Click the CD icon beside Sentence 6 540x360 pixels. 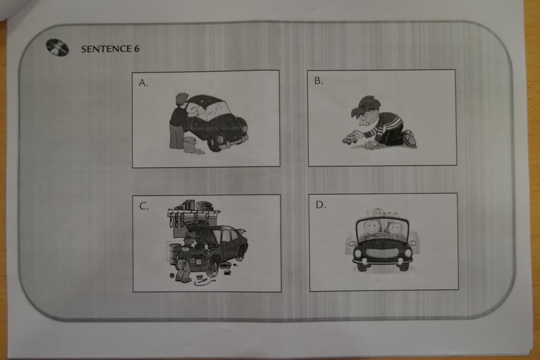[x=57, y=47]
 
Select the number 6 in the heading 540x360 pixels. [x=137, y=49]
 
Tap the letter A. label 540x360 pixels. [x=143, y=83]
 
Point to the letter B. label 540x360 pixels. [x=319, y=81]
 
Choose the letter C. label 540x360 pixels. [x=144, y=206]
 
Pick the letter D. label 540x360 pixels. [x=321, y=205]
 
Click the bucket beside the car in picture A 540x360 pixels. [x=189, y=144]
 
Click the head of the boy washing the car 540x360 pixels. [x=182, y=100]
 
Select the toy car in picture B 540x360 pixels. [x=350, y=139]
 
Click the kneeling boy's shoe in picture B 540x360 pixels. [x=409, y=138]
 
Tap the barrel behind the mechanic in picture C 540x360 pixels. [x=175, y=254]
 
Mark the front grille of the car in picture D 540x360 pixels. [x=383, y=254]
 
